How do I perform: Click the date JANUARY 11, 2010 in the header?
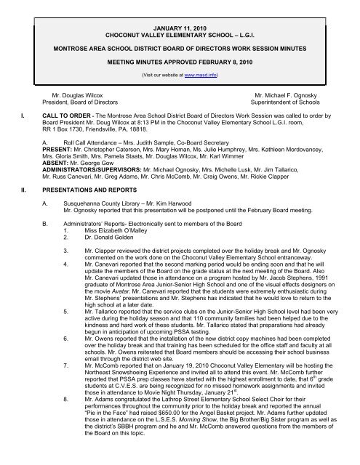(x=179, y=25)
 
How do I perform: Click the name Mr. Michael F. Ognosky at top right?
(x=288, y=95)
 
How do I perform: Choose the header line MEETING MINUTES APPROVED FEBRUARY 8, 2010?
(x=179, y=62)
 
